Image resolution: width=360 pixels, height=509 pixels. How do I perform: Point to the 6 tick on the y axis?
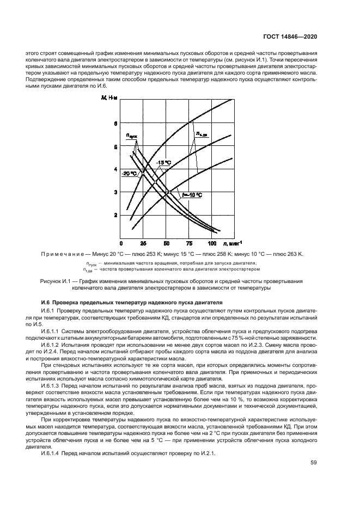click(x=115, y=124)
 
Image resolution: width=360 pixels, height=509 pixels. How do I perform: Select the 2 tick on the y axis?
click(x=115, y=216)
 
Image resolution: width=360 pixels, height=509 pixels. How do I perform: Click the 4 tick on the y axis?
click(x=115, y=169)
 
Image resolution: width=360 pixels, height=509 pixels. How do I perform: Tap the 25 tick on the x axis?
click(x=143, y=243)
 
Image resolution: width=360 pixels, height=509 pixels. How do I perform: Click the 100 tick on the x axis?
click(x=211, y=243)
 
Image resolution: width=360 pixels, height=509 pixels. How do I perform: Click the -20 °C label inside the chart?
click(x=129, y=174)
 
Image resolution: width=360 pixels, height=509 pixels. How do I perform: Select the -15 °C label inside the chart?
click(x=163, y=163)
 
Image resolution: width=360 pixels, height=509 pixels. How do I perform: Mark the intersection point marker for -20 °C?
click(x=144, y=173)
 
